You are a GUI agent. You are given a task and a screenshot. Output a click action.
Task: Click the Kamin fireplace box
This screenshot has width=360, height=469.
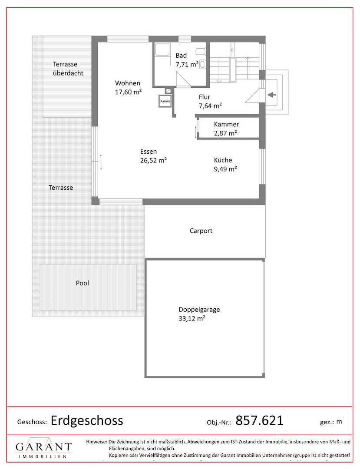coord(165,101)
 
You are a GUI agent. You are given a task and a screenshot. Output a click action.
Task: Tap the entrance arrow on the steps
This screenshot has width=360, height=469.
coord(271,95)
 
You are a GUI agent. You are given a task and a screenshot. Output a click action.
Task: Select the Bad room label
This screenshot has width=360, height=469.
coord(181,55)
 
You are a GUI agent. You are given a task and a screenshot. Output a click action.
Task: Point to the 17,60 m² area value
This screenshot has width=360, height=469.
coord(128,92)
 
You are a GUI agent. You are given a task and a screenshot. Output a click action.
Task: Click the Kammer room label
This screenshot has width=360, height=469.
coord(226,124)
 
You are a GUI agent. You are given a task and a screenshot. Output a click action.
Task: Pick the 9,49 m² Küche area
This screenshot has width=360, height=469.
coord(225,168)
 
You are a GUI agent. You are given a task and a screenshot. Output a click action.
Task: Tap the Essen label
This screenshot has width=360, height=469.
coord(149,152)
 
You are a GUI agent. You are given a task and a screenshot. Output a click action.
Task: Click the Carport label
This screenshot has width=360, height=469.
coord(201,231)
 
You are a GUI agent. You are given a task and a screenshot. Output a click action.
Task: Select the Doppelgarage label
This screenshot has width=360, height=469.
coord(199,310)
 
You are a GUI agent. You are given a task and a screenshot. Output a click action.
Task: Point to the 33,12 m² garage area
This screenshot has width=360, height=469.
coord(192,318)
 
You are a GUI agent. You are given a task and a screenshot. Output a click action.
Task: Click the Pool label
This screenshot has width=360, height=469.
coord(83,283)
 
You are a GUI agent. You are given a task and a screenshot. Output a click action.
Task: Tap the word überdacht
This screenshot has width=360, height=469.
coord(68,73)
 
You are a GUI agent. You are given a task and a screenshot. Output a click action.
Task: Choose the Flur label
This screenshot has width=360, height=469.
coord(205,97)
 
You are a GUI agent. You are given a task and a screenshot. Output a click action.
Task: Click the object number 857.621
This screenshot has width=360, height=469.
coord(259,420)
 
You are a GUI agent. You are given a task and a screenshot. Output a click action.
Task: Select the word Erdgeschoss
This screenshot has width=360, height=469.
coord(87,420)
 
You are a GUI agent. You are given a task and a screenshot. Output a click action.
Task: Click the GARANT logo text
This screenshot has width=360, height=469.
coord(44,447)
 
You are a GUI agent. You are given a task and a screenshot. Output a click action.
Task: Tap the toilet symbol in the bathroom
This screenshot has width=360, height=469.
coord(203,64)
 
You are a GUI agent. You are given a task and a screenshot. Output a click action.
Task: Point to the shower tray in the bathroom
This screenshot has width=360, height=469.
coord(162,49)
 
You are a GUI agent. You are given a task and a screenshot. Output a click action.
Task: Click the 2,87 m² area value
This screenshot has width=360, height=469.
coord(225,133)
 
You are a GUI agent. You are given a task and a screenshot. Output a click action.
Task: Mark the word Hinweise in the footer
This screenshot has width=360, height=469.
coord(96,442)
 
